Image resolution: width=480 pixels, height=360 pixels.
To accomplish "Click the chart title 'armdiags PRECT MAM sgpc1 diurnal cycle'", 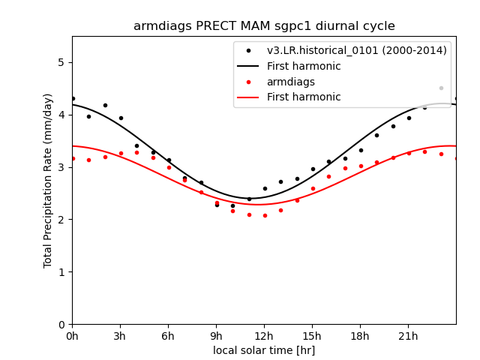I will tap(264, 26).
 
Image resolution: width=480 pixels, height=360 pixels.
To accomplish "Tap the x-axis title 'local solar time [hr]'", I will tap(264, 350).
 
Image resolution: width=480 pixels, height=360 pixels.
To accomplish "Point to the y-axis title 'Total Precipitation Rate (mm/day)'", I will tap(48, 180).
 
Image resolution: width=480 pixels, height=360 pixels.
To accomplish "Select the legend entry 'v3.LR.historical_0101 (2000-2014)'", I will tap(356, 50).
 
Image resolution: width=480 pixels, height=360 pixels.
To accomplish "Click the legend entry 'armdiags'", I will tap(291, 82).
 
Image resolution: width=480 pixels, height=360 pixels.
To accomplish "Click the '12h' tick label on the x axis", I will tap(264, 335).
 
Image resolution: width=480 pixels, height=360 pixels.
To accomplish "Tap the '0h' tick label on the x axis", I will tap(72, 335).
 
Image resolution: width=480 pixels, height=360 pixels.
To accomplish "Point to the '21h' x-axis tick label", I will tap(408, 335).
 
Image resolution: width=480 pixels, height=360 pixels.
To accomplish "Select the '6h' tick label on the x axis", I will tap(168, 335).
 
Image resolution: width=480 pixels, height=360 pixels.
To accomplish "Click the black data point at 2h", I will tap(105, 105).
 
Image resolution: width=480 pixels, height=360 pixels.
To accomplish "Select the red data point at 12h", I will tap(265, 215).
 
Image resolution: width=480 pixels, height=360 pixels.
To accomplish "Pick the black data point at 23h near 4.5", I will tap(441, 88).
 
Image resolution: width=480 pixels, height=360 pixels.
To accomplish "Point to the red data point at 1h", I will tap(88, 160).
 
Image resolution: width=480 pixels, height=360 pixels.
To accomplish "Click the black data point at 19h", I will tap(376, 135).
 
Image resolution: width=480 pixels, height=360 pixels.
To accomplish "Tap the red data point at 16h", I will tap(328, 176).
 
